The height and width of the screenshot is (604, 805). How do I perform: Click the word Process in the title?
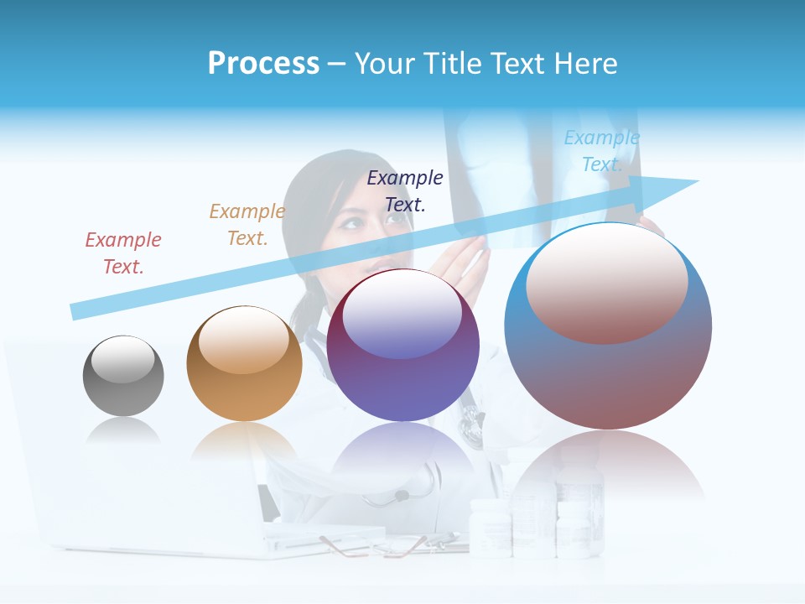click(263, 64)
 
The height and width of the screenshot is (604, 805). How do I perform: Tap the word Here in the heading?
click(586, 64)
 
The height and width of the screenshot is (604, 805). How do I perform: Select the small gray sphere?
click(123, 376)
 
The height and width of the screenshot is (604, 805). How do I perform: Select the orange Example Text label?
click(247, 225)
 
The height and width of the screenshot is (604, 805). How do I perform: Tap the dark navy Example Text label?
click(405, 190)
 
